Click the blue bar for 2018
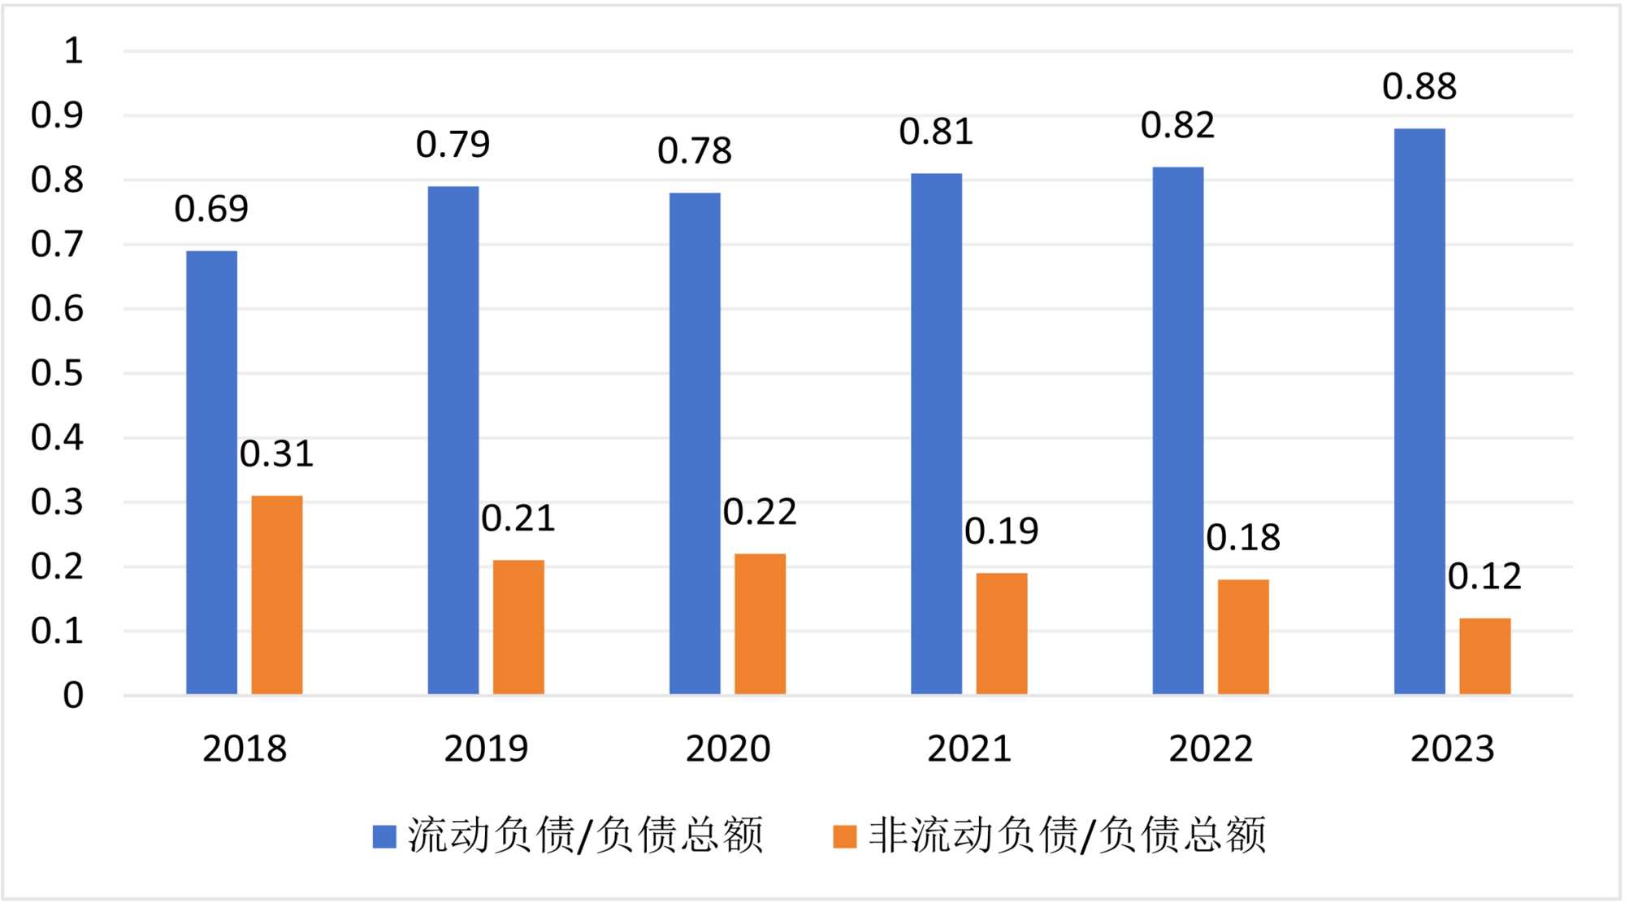pos(211,472)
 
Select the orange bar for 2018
pos(276,595)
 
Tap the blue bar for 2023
pos(1419,411)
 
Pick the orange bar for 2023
pos(1484,656)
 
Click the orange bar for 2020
pos(760,623)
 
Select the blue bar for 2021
pos(936,433)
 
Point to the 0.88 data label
pos(1419,87)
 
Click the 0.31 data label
pos(276,454)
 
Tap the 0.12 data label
pos(1484,577)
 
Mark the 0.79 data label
pos(453,145)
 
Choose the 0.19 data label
pos(1001,532)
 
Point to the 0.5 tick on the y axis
pos(57,373)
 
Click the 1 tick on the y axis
pos(73,51)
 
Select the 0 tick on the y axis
pos(73,696)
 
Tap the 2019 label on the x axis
pos(486,749)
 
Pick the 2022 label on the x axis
pos(1211,749)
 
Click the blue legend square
pos(383,836)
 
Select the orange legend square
pos(845,836)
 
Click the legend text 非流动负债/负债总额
pos(1067,836)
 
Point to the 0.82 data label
pos(1177,126)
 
